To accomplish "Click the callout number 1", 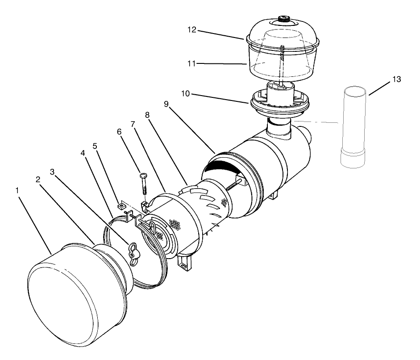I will (x=17, y=190).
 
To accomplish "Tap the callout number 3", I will (x=53, y=172).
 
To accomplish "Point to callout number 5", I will (x=94, y=146).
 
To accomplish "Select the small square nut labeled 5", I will (x=120, y=207).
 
